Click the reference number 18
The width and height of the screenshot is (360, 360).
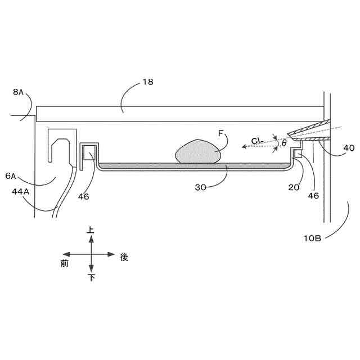pos(147,82)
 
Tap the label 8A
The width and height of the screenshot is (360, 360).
pos(18,92)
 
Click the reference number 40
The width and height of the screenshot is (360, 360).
pos(349,148)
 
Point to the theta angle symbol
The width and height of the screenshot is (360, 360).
pos(284,143)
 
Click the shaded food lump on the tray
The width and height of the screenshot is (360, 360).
pos(197,152)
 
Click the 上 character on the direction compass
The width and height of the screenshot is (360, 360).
pos(91,230)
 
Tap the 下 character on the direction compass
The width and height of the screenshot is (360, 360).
pos(91,278)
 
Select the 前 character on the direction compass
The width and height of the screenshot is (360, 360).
pos(65,263)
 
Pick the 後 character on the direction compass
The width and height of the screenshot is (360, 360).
pos(124,257)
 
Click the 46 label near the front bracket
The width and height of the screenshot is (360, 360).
pos(84,196)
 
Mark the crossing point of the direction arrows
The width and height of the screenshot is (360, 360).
pos(91,254)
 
